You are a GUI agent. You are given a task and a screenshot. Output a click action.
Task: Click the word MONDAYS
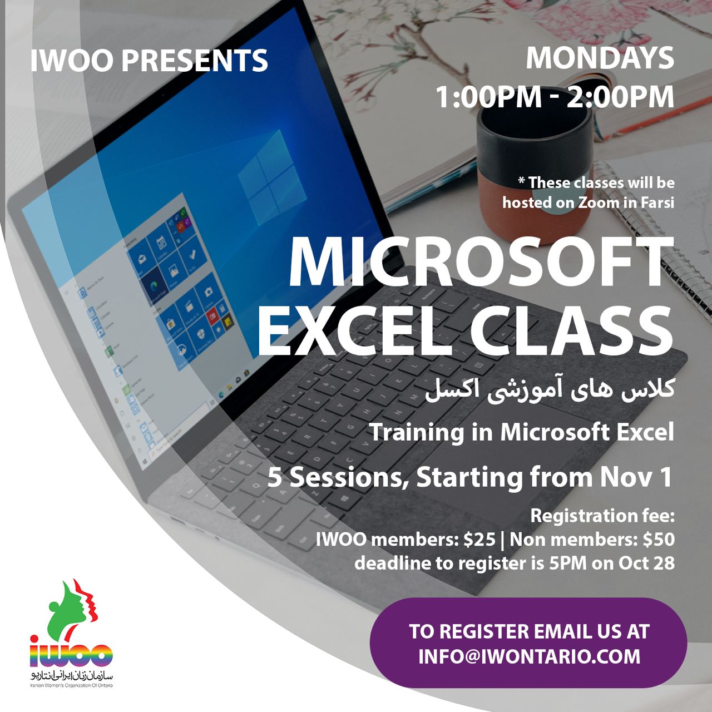click(x=600, y=58)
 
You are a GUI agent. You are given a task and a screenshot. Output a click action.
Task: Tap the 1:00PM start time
click(x=489, y=97)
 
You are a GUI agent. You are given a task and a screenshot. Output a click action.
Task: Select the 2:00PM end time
click(x=620, y=97)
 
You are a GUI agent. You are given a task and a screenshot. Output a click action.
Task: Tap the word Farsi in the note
click(x=656, y=202)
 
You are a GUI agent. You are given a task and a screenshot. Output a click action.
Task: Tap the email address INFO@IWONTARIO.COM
click(x=529, y=656)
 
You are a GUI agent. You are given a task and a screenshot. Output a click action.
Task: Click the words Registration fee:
click(x=602, y=516)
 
